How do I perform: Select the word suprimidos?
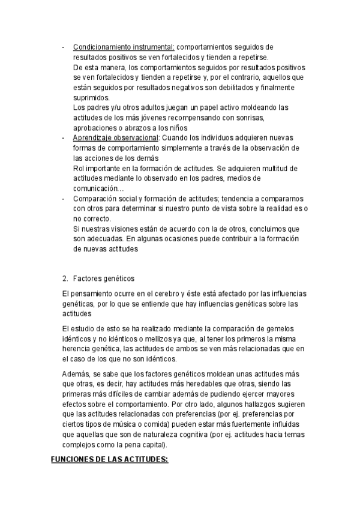[x=91, y=97]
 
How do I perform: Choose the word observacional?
[x=135, y=138]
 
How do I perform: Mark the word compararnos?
[x=281, y=199]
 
